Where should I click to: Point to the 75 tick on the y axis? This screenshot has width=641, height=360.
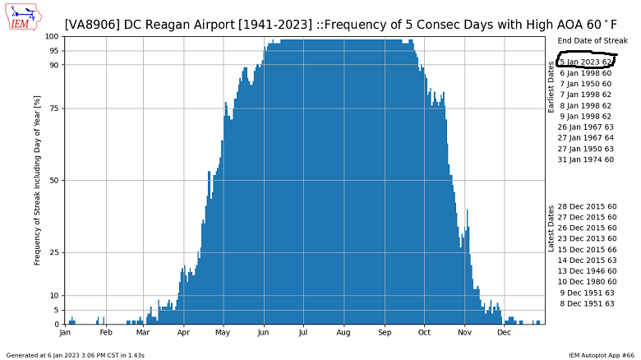(53, 108)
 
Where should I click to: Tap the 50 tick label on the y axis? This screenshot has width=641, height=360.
(53, 181)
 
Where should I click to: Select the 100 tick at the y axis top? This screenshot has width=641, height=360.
(51, 36)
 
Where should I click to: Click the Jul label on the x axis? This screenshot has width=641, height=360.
(303, 333)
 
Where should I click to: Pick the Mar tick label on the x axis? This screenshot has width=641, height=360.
(143, 333)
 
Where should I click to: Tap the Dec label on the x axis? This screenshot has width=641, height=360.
(504, 333)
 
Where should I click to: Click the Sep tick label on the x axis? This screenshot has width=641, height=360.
(384, 333)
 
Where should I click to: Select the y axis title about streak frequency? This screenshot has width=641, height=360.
(37, 180)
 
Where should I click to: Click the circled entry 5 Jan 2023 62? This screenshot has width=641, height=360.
(585, 62)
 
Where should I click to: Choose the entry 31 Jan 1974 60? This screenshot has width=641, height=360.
(585, 159)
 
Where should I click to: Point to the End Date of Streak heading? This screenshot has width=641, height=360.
(592, 40)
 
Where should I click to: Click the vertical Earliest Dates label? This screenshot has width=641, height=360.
(552, 93)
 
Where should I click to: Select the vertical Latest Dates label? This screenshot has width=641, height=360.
(552, 228)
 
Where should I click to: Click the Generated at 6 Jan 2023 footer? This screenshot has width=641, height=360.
(76, 355)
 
